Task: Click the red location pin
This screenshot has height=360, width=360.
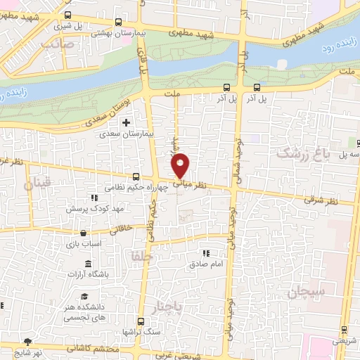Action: [181, 165]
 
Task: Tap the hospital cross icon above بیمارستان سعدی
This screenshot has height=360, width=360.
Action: [126, 123]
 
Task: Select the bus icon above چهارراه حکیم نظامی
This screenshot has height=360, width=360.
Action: [136, 177]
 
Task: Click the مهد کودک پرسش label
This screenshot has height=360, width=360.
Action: [89, 209]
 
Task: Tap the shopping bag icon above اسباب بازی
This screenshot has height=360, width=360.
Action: [84, 233]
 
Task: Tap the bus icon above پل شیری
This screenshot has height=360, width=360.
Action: [67, 15]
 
